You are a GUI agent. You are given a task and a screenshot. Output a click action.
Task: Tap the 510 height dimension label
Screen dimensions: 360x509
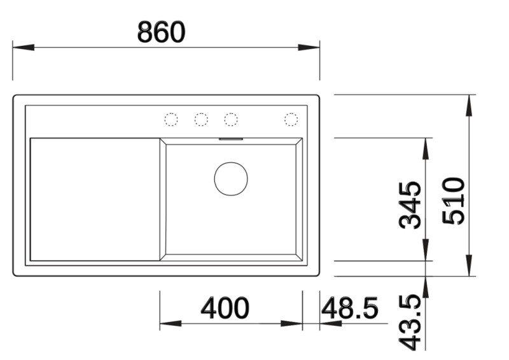pyautogui.click(x=455, y=200)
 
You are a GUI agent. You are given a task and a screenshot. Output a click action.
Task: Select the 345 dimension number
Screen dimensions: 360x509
pyautogui.click(x=410, y=205)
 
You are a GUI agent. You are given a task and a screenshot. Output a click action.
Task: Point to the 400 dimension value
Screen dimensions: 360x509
pyautogui.click(x=225, y=308)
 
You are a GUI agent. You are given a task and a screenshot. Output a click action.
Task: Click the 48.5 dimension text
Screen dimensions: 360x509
pyautogui.click(x=350, y=308)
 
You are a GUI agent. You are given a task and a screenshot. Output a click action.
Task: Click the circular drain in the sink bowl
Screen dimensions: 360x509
pyautogui.click(x=230, y=179)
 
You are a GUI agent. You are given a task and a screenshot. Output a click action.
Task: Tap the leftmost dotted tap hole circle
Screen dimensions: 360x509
pyautogui.click(x=171, y=119)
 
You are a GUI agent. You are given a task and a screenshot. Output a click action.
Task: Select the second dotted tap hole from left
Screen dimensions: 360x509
pyautogui.click(x=201, y=119)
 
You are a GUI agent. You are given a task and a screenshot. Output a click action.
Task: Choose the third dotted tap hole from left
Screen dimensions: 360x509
pyautogui.click(x=230, y=119)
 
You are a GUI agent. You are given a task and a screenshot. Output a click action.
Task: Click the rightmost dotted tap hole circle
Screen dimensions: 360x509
pyautogui.click(x=291, y=119)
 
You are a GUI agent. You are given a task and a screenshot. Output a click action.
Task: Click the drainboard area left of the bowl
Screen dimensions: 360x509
pyautogui.click(x=94, y=198)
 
